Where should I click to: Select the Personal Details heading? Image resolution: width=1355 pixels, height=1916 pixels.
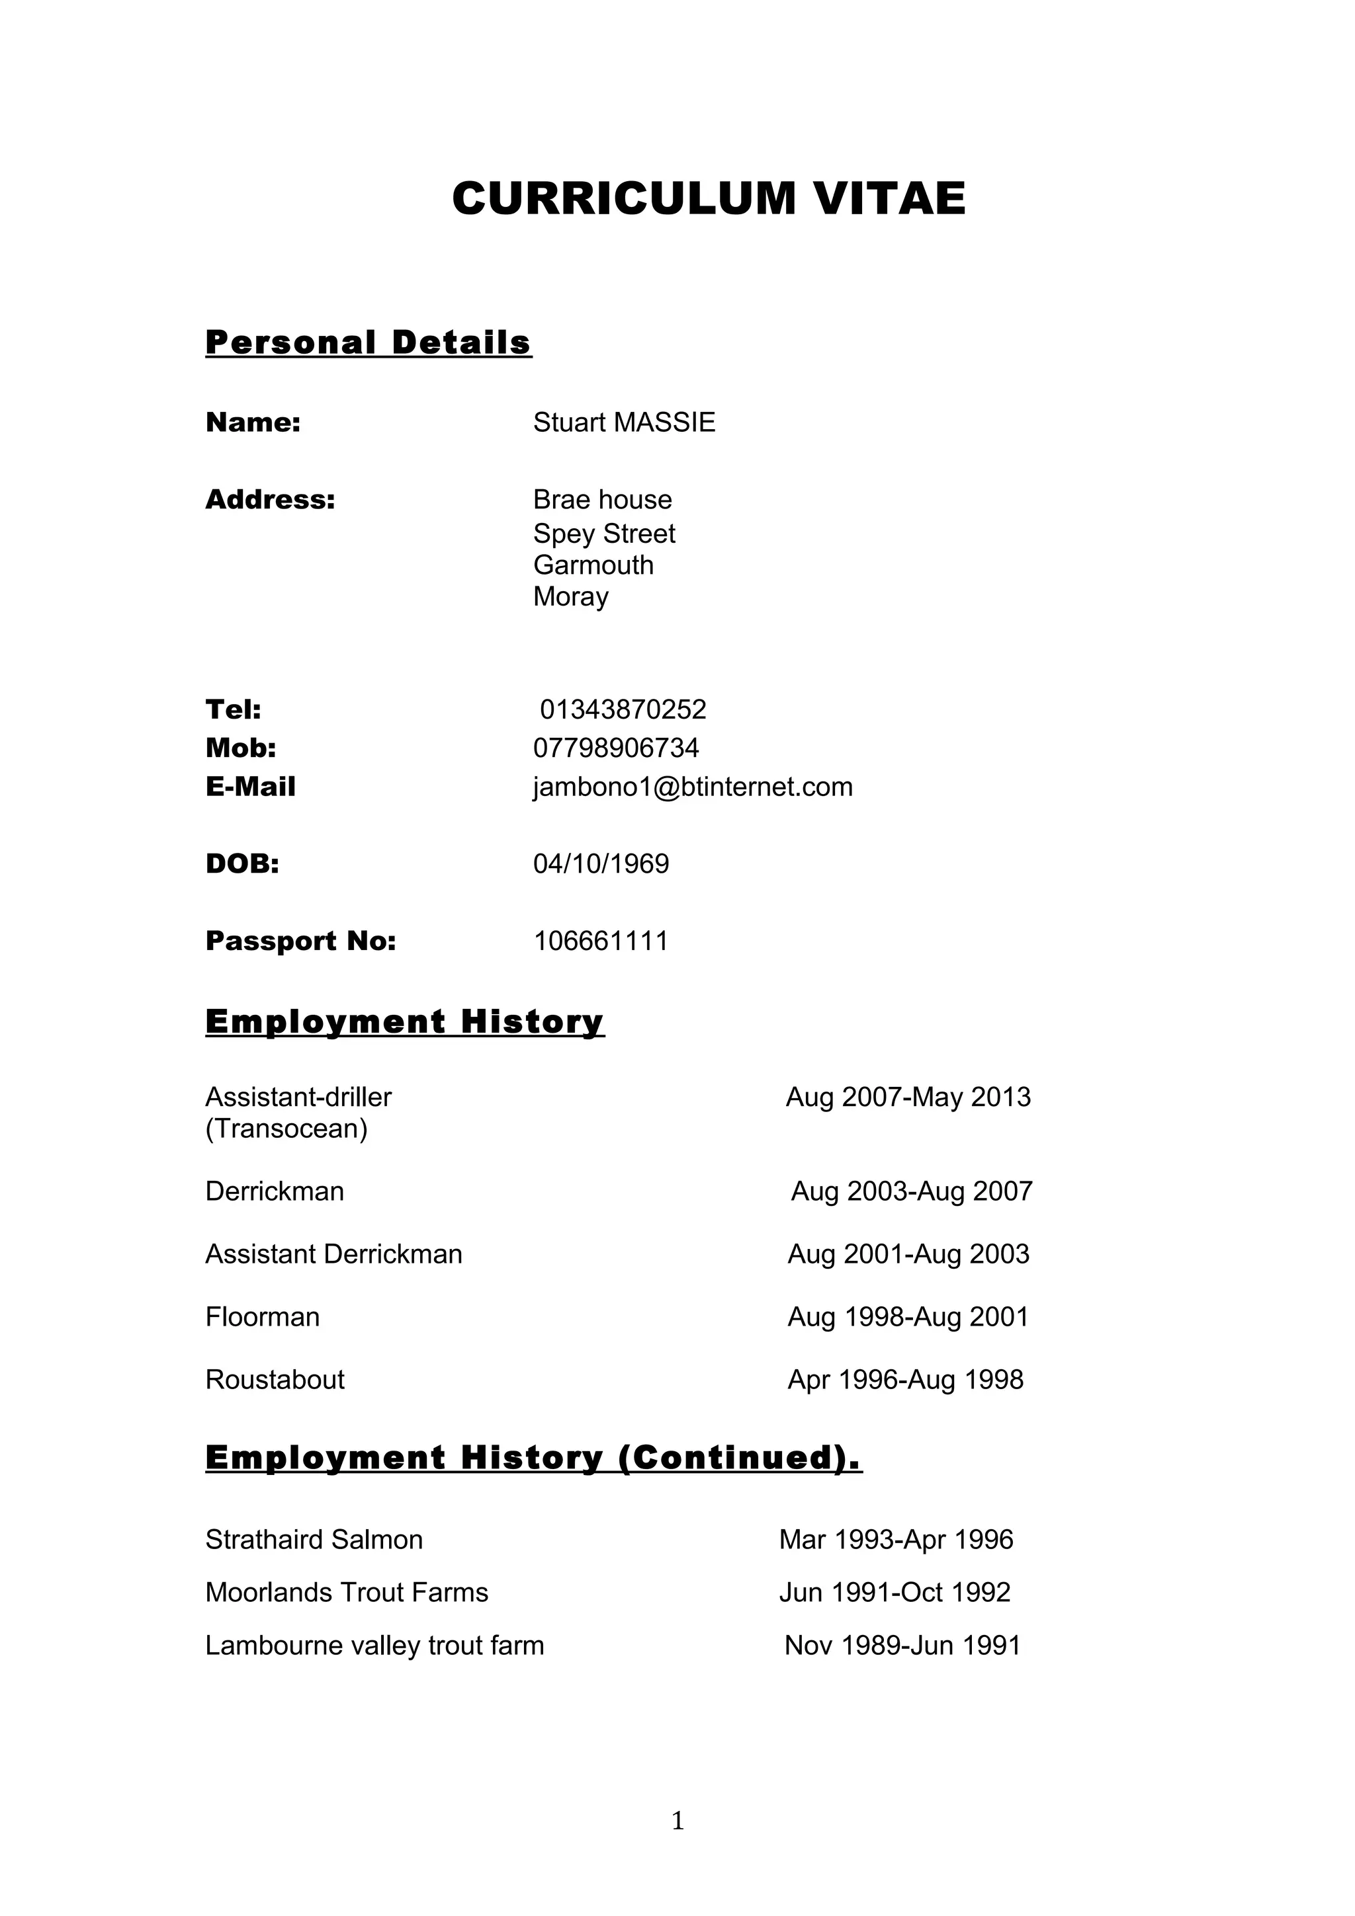[368, 342]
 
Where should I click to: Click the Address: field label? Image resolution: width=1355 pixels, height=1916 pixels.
[270, 499]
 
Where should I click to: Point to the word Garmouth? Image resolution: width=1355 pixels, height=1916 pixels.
[593, 565]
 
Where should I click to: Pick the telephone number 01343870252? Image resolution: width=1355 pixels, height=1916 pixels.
[623, 709]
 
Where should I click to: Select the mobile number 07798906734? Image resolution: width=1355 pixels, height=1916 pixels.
[615, 748]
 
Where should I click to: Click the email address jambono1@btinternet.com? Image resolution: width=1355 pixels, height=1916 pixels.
[692, 787]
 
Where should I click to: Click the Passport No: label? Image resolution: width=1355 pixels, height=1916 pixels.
[300, 941]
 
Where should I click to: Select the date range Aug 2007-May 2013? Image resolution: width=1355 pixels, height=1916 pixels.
[908, 1097]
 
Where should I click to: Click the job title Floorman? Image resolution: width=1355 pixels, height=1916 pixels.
[262, 1317]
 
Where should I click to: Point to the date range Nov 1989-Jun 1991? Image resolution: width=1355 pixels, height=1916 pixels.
[902, 1645]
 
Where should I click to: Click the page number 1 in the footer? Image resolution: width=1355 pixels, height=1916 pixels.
[677, 1821]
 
